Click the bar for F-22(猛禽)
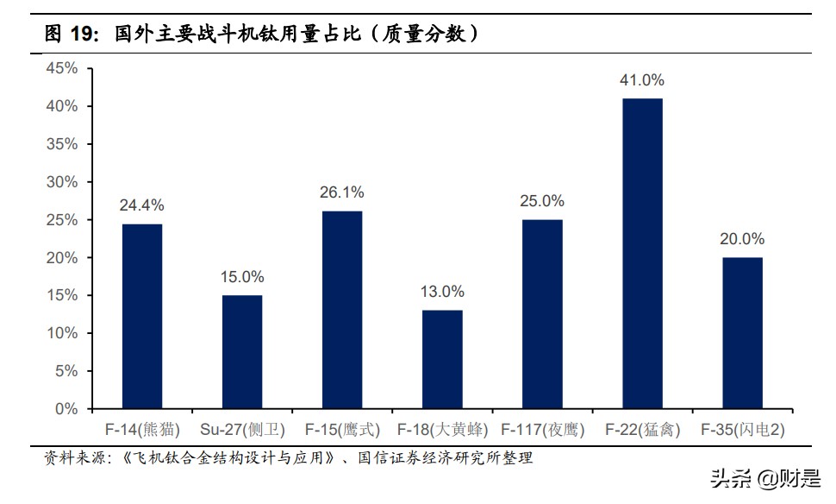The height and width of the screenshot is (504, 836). pos(642,253)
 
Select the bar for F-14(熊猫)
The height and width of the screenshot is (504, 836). pos(142,316)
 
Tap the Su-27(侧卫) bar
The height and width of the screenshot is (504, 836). pos(242,351)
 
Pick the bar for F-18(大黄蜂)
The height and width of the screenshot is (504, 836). pos(442,359)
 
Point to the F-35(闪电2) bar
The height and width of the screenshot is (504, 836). pos(742,332)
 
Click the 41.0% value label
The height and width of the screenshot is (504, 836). pos(642,80)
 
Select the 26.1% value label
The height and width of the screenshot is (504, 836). pos(342,192)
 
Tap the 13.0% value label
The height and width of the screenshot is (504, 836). pos(442,292)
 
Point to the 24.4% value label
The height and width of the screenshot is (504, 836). pos(142,205)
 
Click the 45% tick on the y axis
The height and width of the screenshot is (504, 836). pos(64,68)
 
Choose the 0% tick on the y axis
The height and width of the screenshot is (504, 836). pos(67,408)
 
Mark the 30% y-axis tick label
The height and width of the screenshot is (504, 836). pos(64,182)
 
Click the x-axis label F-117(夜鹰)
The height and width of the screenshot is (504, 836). pos(542,429)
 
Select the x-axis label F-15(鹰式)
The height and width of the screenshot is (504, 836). pos(342,429)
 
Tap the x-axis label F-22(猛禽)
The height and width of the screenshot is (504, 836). pos(642,429)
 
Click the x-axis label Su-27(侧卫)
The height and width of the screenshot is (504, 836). pos(242,429)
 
